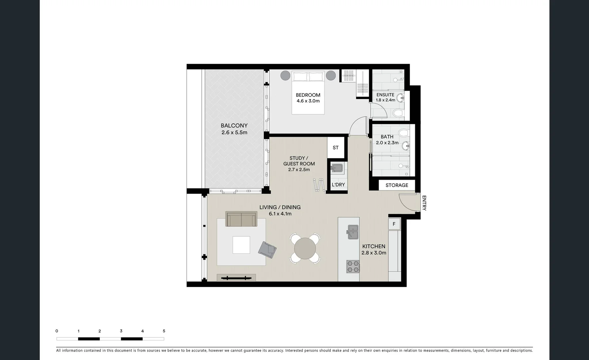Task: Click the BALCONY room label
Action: tap(234, 126)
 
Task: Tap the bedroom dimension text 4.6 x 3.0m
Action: tap(308, 101)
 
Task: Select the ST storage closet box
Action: tap(336, 148)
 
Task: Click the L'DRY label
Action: tap(338, 185)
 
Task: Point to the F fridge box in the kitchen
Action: tap(394, 224)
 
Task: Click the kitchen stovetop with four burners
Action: tap(353, 267)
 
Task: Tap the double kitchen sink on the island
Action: tap(353, 232)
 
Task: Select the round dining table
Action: tap(305, 249)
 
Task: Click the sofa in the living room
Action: tap(241, 219)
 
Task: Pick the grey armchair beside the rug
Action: tap(267, 250)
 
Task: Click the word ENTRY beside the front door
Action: tap(424, 203)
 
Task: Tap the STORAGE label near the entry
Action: tap(397, 185)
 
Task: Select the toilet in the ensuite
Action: tap(398, 114)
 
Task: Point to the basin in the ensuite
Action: tap(400, 98)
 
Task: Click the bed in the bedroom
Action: tap(308, 92)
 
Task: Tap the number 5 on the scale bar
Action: tap(164, 331)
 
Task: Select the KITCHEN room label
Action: tap(374, 246)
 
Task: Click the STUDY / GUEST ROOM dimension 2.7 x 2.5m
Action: tap(299, 170)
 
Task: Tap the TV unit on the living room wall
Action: tap(236, 278)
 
